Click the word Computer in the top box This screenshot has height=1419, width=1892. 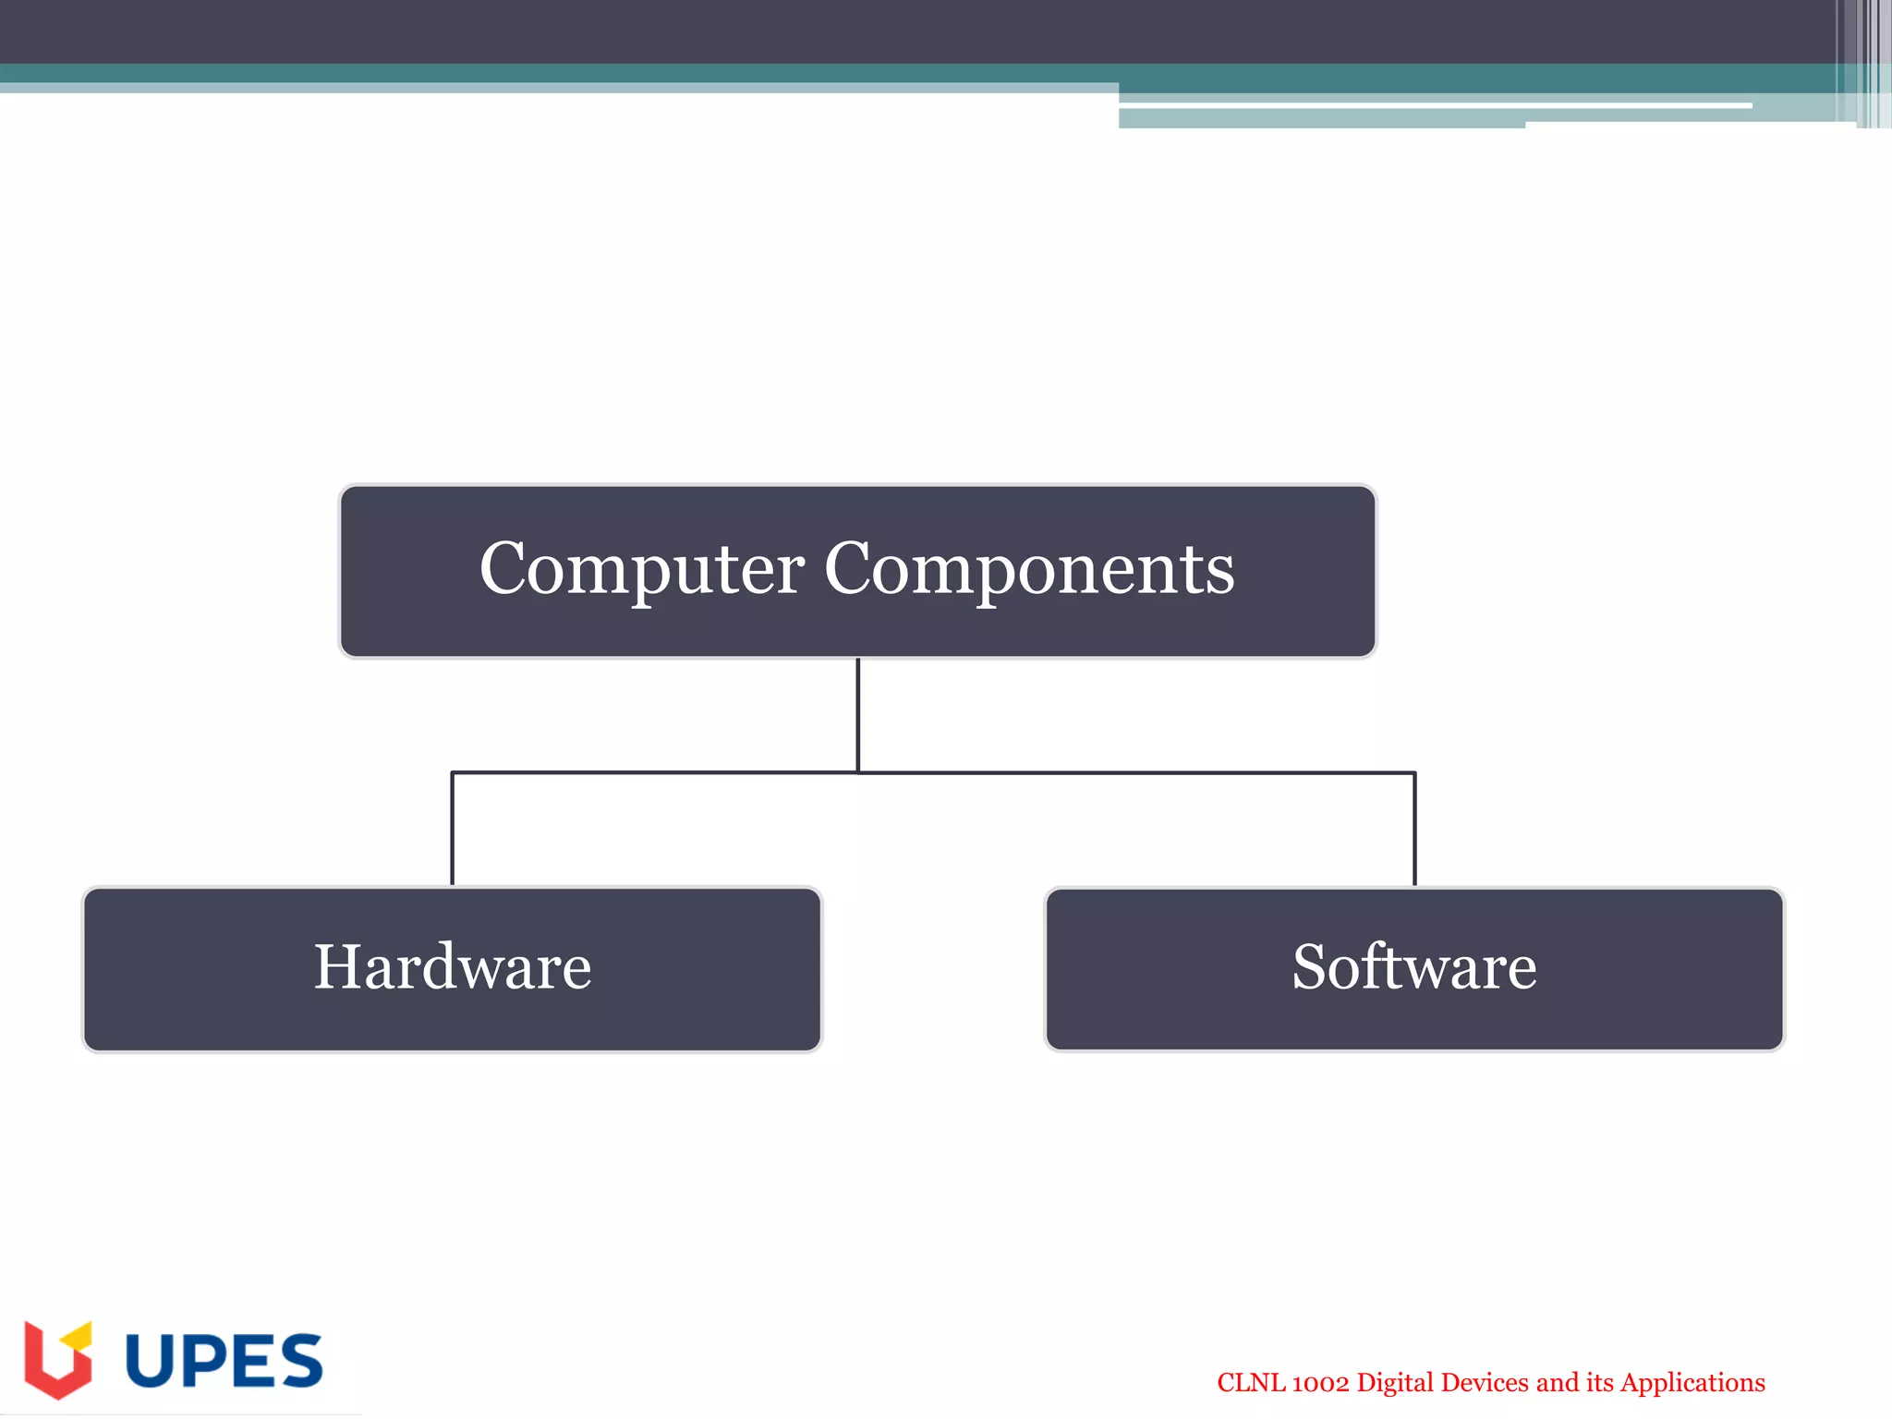[x=641, y=569]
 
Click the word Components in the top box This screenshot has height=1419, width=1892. [x=1028, y=569]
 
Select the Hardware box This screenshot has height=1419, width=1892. [x=452, y=969]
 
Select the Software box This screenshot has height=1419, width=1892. [x=1413, y=969]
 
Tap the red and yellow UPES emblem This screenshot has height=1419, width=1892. [x=57, y=1359]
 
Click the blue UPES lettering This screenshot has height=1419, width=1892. [x=224, y=1361]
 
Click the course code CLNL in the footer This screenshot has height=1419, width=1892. [x=1250, y=1383]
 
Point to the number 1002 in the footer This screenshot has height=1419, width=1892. [x=1320, y=1383]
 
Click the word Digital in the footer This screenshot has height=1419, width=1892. [x=1395, y=1383]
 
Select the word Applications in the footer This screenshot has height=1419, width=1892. [x=1692, y=1383]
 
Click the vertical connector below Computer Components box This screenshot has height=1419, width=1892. [x=858, y=713]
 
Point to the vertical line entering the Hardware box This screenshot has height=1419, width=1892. [x=452, y=829]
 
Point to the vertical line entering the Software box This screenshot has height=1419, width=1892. [x=1414, y=829]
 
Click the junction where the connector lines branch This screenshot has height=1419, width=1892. [x=858, y=772]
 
